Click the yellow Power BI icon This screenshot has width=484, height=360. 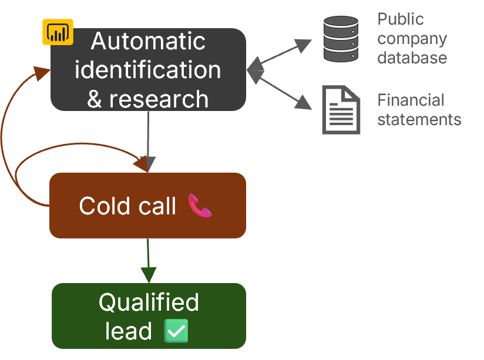[57, 32]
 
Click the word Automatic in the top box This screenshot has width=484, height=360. [148, 42]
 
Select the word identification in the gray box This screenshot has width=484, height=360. [148, 70]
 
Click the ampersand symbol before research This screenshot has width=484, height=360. [95, 99]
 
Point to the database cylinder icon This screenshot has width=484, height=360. [341, 39]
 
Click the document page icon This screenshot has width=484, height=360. [341, 110]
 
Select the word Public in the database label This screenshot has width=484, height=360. [400, 19]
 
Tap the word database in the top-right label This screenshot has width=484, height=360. [412, 58]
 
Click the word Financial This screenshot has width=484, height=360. [411, 100]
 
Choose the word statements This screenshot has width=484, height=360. [419, 120]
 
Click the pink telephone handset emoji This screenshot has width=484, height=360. [200, 206]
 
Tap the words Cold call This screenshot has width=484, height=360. [127, 206]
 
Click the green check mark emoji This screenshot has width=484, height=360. [177, 331]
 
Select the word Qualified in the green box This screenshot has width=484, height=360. [149, 302]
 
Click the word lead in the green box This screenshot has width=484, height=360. [128, 331]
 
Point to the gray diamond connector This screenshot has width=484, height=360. [254, 70]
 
